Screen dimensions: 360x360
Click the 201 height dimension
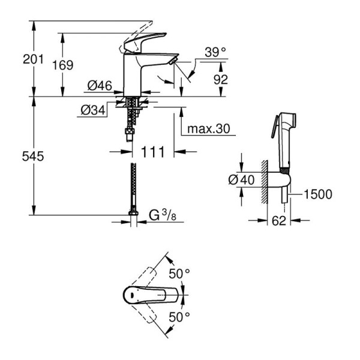tap(33, 59)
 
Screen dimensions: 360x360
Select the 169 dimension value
tap(62, 65)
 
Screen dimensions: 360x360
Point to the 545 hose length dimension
tap(33, 157)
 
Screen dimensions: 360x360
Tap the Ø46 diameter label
tap(100, 86)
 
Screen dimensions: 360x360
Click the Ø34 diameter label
tap(93, 110)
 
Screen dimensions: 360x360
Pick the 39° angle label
tap(215, 52)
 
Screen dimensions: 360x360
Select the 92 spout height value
tap(221, 79)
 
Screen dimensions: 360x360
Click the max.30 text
tap(208, 129)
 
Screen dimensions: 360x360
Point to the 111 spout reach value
tap(152, 152)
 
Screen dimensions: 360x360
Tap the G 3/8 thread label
tap(163, 215)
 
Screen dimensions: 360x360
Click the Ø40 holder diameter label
tap(241, 179)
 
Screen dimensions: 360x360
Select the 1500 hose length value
tap(318, 194)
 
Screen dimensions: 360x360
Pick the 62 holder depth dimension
tap(279, 221)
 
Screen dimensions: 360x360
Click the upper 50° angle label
tap(179, 274)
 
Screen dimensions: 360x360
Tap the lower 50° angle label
tap(179, 317)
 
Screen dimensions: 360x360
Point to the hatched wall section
tap(265, 182)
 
